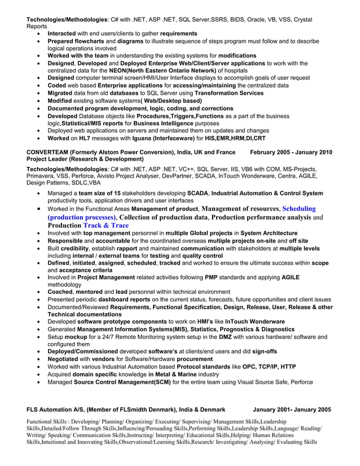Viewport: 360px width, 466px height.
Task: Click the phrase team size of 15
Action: tap(100, 193)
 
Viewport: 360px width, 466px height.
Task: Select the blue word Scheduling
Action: tap(299, 208)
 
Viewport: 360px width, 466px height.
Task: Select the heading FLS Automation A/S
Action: tap(62, 409)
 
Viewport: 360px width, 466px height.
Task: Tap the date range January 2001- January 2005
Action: tap(292, 409)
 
